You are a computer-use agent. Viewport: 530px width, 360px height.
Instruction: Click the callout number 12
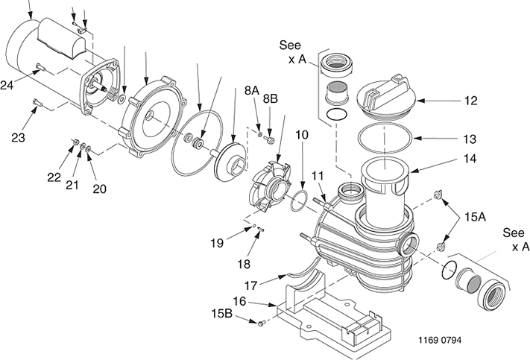click(x=470, y=101)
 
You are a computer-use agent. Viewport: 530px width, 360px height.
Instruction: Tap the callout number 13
click(x=470, y=139)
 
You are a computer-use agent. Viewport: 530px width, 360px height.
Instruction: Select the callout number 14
click(x=470, y=159)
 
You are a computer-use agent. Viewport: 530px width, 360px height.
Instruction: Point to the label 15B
click(x=221, y=314)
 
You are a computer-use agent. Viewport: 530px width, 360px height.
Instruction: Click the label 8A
click(x=252, y=91)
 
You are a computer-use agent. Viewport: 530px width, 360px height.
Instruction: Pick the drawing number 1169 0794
click(x=440, y=340)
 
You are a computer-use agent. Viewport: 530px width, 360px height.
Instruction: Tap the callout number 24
click(x=7, y=85)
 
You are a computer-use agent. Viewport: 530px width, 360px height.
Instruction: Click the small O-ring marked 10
click(x=300, y=201)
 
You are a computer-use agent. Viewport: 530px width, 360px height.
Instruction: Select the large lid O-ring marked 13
click(x=385, y=138)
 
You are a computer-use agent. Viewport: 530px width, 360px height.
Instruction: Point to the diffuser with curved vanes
click(x=269, y=187)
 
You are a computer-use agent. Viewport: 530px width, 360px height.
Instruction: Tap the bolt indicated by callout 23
click(x=37, y=102)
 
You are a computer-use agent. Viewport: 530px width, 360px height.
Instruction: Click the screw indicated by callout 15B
click(x=260, y=323)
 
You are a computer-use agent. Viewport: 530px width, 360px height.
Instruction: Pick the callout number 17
click(x=250, y=286)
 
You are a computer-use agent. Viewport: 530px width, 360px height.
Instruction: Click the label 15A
click(x=475, y=217)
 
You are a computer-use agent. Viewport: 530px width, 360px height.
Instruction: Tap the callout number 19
click(x=217, y=243)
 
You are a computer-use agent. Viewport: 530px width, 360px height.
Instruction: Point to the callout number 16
click(x=239, y=301)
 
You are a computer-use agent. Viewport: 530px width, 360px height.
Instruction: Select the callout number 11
click(x=318, y=176)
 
